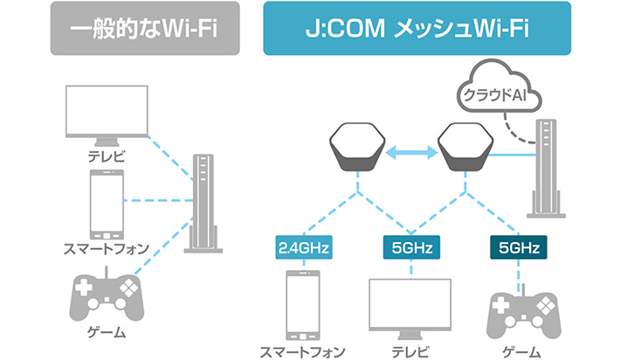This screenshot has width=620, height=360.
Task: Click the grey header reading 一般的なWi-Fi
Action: coord(144,28)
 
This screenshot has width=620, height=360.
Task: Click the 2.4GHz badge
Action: coord(303,248)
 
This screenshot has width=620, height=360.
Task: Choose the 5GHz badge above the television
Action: coord(410,248)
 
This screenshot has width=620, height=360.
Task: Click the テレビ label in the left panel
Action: coord(107,156)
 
